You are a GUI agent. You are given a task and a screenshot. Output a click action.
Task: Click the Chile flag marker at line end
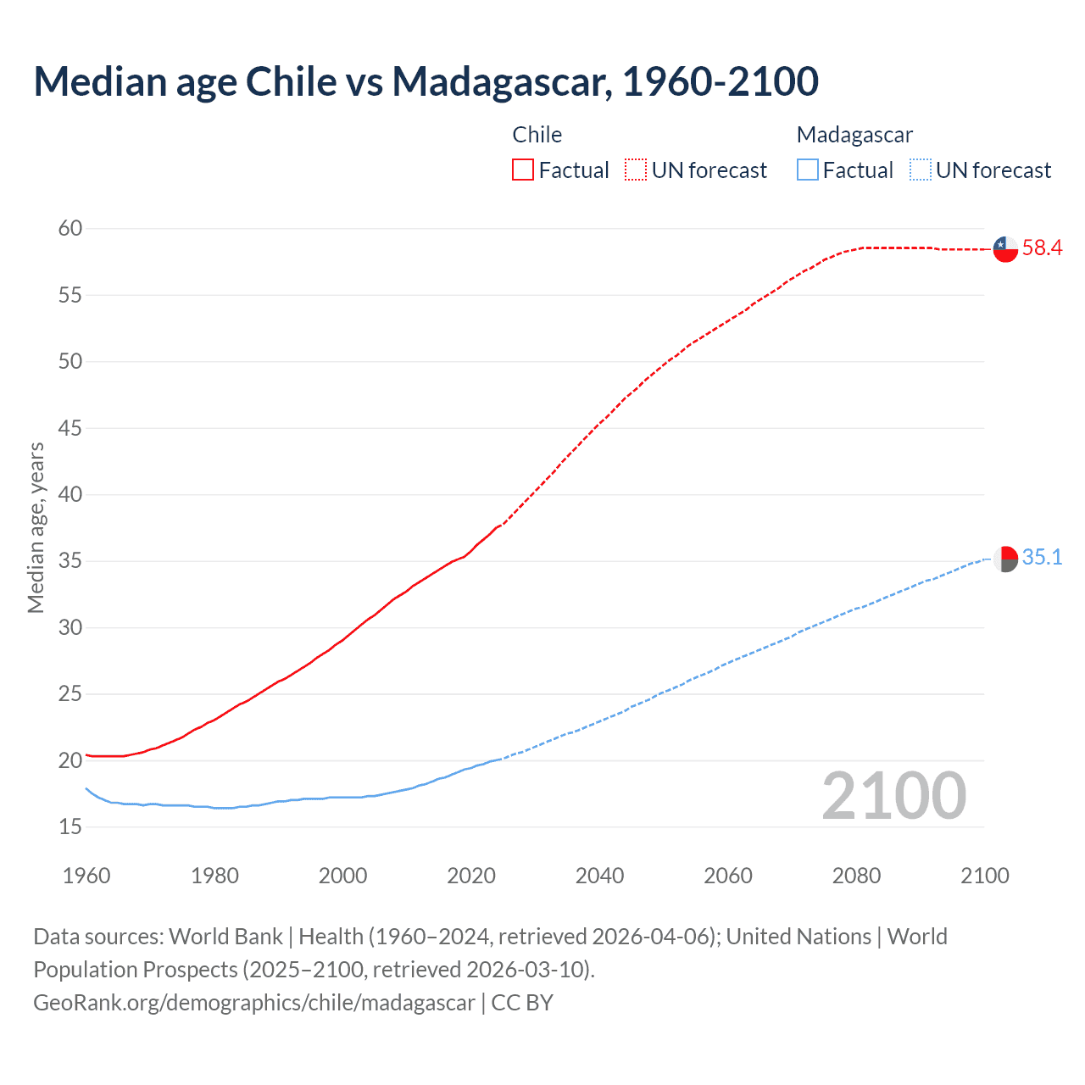tap(1005, 248)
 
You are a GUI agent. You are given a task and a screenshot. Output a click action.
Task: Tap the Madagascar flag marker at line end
tap(1005, 559)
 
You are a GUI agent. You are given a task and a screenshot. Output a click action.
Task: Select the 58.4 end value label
tap(1042, 248)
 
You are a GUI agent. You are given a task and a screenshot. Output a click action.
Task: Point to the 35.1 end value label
tap(1042, 558)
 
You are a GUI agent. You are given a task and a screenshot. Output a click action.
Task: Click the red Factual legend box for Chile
tap(523, 170)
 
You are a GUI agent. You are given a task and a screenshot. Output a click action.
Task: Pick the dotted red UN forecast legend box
tap(636, 170)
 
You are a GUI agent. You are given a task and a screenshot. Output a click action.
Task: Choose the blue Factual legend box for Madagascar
tap(807, 170)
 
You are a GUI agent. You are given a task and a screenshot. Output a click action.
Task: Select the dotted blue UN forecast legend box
tap(920, 170)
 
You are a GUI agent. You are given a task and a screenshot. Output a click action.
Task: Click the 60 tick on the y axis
tap(70, 228)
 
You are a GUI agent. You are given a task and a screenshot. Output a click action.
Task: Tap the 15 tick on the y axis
tap(70, 826)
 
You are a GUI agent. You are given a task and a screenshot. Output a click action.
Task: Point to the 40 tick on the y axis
tap(70, 494)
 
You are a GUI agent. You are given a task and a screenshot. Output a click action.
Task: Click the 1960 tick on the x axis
tap(86, 876)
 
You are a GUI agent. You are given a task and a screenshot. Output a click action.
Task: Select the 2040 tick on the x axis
tap(599, 876)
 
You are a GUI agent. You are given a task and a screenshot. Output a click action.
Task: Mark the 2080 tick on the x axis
tap(856, 876)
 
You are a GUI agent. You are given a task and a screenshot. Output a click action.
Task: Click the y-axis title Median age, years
tap(36, 527)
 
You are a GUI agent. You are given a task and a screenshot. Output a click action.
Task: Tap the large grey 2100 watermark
tap(893, 796)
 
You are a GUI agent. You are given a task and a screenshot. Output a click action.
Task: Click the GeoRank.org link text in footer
tap(254, 1003)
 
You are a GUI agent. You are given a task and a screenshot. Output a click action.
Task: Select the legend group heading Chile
tap(537, 135)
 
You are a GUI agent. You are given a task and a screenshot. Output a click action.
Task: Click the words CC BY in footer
tap(522, 1003)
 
